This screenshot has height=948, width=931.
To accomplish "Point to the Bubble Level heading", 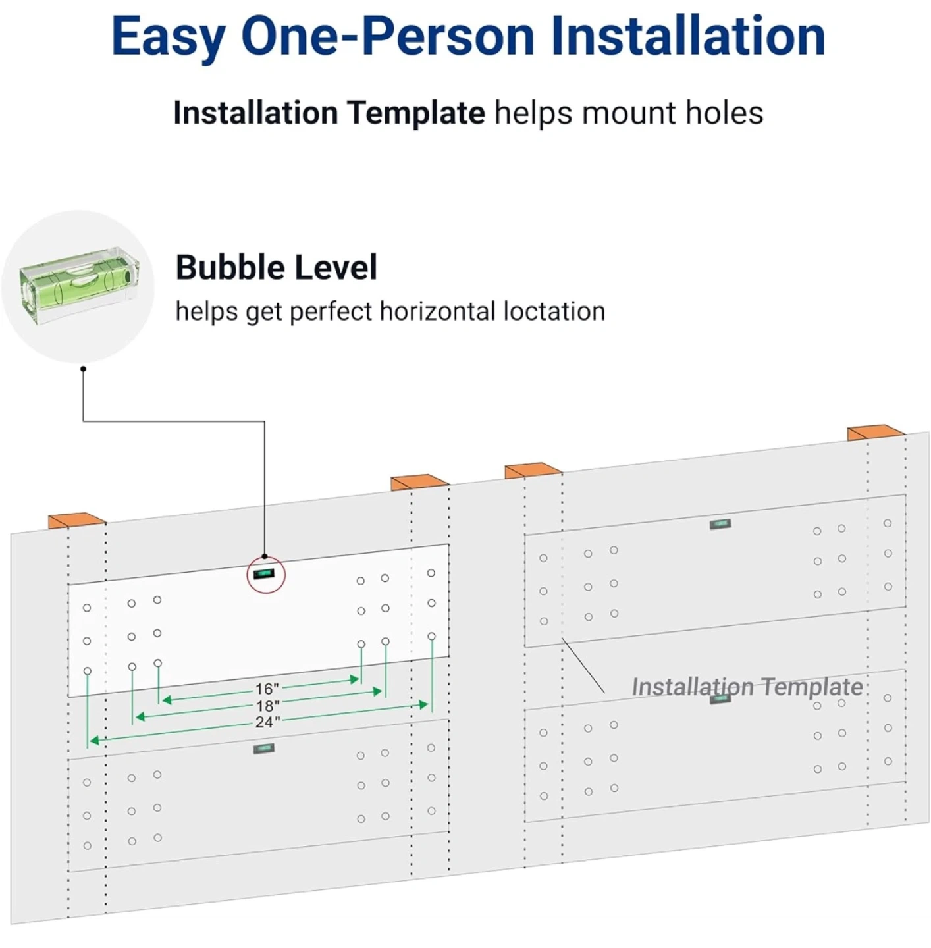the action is (277, 268).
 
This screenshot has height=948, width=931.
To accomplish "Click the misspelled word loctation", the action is (554, 311).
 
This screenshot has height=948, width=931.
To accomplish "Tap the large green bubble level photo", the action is (79, 286).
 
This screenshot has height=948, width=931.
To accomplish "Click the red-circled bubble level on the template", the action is (263, 573).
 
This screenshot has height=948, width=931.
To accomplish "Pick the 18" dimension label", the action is (267, 706).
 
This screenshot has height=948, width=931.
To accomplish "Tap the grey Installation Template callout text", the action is (747, 687).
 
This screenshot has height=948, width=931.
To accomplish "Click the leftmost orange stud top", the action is (77, 520).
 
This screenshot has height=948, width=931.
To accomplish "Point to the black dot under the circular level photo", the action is (83, 369).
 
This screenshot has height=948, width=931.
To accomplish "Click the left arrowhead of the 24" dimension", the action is (94, 740).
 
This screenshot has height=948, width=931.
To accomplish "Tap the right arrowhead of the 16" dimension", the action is (354, 679).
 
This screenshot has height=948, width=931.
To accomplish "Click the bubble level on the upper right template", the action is (720, 524).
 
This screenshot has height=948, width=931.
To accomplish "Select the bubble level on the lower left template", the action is (264, 749).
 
